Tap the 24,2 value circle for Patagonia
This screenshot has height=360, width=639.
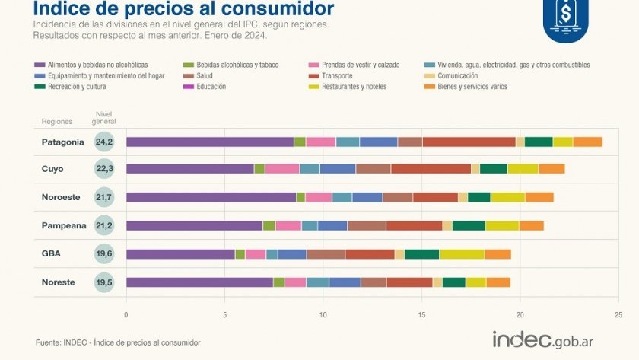pyautogui.click(x=104, y=142)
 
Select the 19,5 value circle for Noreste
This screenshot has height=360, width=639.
pyautogui.click(x=104, y=282)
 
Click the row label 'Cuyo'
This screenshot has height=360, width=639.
pyautogui.click(x=52, y=169)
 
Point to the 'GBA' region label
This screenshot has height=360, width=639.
pyautogui.click(x=52, y=254)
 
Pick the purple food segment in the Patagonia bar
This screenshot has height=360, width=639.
pyautogui.click(x=209, y=142)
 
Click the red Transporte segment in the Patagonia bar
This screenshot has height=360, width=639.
pyautogui.click(x=469, y=142)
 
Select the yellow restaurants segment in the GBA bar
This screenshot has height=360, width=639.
pyautogui.click(x=462, y=254)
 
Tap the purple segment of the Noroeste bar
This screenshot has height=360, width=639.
pyautogui.click(x=211, y=197)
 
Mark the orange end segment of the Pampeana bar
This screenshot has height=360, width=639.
pyautogui.click(x=531, y=225)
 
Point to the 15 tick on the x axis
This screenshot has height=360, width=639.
pyautogui.click(x=421, y=313)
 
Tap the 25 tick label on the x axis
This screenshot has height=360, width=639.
pyautogui.click(x=618, y=313)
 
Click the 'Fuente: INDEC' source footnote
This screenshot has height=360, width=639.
pyautogui.click(x=118, y=342)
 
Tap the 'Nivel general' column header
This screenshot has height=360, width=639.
pyautogui.click(x=104, y=118)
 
